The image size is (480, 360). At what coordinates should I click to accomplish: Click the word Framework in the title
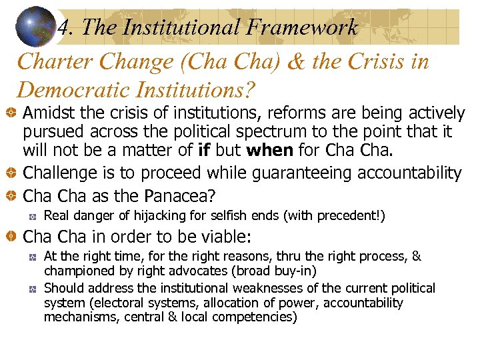[x=302, y=27]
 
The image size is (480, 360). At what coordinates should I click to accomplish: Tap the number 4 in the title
[x=63, y=28]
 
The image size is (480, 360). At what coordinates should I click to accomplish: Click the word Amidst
[x=49, y=113]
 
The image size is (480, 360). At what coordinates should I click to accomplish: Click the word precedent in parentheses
[x=346, y=215]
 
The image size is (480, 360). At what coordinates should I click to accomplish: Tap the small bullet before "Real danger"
[x=32, y=216]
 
